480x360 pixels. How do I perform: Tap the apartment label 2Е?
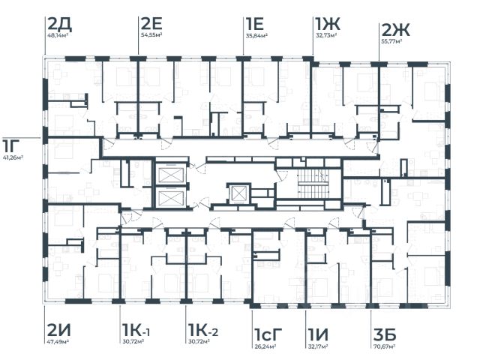pyautogui.click(x=151, y=22)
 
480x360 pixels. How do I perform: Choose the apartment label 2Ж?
pyautogui.click(x=395, y=30)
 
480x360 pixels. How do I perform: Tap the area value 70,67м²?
pyautogui.click(x=385, y=347)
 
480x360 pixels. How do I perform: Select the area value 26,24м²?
pyautogui.click(x=266, y=347)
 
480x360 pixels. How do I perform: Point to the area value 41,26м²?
pyautogui.click(x=13, y=158)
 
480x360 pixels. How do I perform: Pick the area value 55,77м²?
pyautogui.click(x=392, y=43)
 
